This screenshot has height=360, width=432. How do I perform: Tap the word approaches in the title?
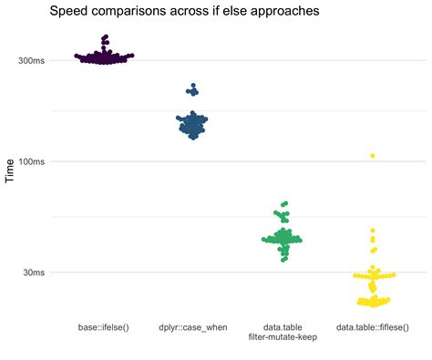point(283,13)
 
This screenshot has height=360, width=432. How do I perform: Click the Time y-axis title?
point(11,170)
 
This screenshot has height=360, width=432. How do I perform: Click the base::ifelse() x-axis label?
point(103,326)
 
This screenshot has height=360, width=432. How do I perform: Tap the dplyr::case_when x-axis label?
point(192,326)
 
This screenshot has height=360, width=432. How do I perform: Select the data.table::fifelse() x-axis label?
point(372,326)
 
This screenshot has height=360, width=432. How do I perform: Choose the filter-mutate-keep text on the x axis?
point(283,337)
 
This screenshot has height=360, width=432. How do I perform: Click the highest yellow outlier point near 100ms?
point(373,156)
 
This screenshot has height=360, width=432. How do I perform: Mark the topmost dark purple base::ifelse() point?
point(106,37)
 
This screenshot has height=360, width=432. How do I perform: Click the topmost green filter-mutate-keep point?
point(285,204)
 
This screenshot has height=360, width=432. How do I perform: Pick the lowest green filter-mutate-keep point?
point(283,260)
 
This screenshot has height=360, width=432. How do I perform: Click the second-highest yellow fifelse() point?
point(373,231)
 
